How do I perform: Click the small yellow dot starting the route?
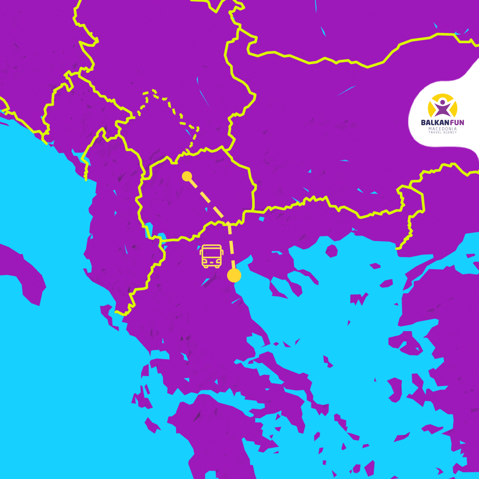187,176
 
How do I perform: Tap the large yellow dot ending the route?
234,275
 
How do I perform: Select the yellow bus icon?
212,256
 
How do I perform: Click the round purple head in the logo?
442,102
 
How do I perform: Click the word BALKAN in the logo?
433,123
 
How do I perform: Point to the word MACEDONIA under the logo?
442,129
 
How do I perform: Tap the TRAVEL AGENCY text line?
442,133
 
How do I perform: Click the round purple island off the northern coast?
331,251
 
